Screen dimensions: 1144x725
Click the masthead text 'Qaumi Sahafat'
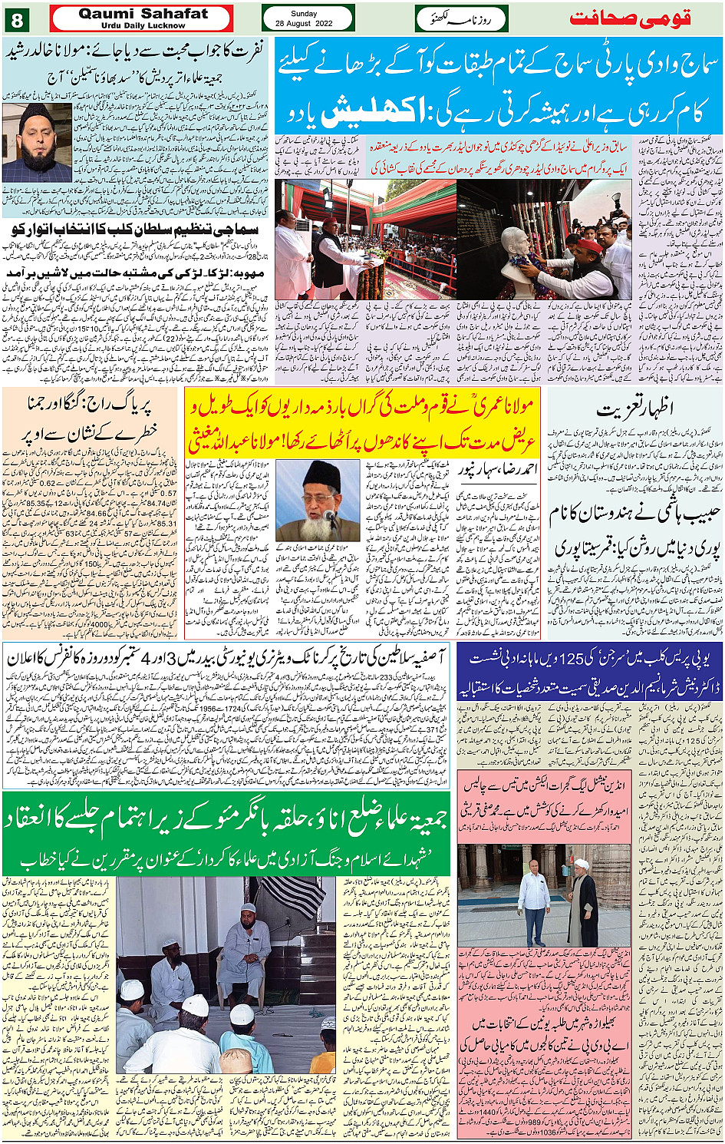pos(143,14)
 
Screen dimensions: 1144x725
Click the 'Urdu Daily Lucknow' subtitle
pos(143,25)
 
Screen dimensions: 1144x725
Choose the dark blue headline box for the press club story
pos(589,671)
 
